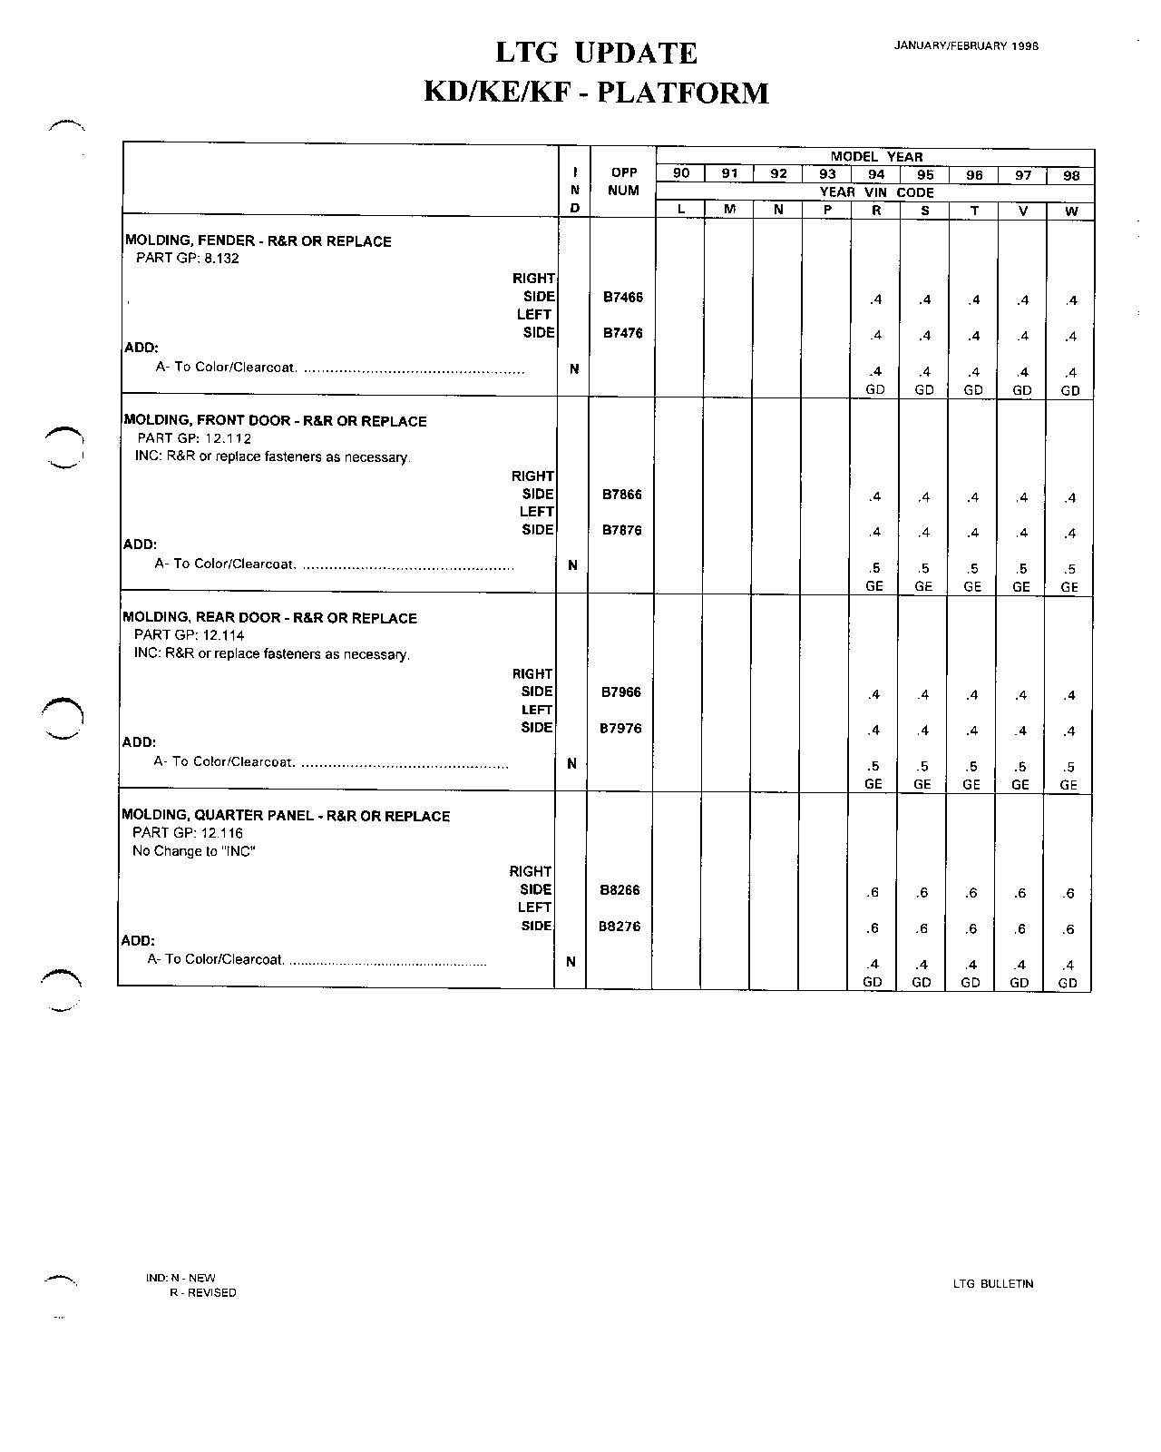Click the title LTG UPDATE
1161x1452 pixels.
pos(596,54)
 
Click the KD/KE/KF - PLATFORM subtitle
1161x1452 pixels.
pos(596,93)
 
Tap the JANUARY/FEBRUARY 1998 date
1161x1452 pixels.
pos(965,45)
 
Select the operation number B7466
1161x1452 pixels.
pos(623,297)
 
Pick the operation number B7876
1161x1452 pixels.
pos(622,530)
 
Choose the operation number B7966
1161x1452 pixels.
pos(621,692)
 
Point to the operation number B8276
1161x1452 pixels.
pos(620,927)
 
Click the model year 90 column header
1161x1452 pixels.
pos(681,174)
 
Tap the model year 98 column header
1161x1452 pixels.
pos(1071,176)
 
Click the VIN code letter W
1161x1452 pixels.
pos(1071,211)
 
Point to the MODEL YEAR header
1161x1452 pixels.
pos(876,157)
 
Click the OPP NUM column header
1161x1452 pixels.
pos(624,181)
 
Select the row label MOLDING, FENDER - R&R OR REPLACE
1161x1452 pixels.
pos(259,241)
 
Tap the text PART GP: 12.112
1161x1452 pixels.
pos(193,438)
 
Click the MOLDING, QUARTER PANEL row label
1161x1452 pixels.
pos(286,816)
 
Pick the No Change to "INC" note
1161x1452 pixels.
pos(193,851)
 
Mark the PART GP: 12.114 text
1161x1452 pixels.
pos(189,635)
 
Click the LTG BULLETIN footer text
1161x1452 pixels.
pos(993,1284)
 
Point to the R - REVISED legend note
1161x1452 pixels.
pos(203,1293)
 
